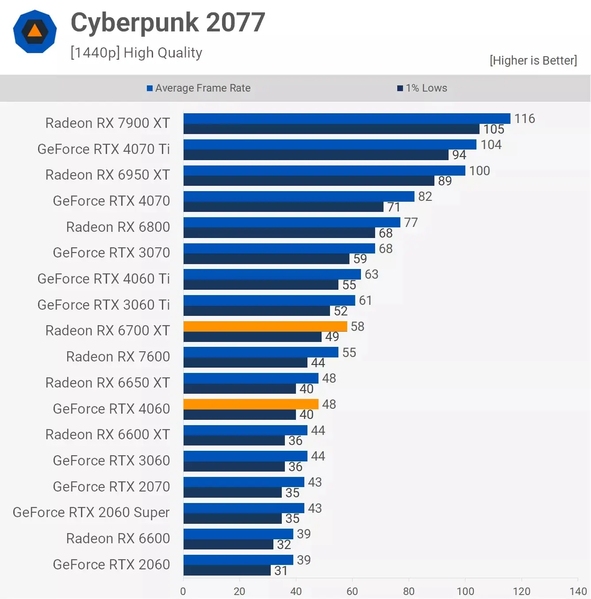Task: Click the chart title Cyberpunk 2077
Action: [168, 23]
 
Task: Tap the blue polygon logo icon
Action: [35, 31]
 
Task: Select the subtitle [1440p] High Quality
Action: [136, 53]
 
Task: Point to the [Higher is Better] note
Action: [533, 61]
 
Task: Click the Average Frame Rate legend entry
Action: [199, 88]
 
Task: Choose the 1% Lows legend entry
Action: [422, 88]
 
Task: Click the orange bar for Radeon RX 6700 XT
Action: [265, 326]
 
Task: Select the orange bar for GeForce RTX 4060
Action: [251, 404]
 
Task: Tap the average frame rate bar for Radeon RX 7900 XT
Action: [347, 119]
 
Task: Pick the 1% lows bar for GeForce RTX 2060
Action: [227, 571]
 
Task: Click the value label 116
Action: [525, 119]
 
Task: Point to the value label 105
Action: [494, 129]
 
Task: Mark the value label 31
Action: [281, 571]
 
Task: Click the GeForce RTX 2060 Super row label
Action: [91, 512]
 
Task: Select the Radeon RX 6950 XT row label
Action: [107, 175]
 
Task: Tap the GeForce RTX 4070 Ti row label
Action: [104, 149]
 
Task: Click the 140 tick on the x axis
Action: [578, 591]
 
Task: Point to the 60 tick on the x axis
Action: [352, 591]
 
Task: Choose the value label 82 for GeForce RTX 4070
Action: [425, 196]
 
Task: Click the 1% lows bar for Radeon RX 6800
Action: [279, 233]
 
